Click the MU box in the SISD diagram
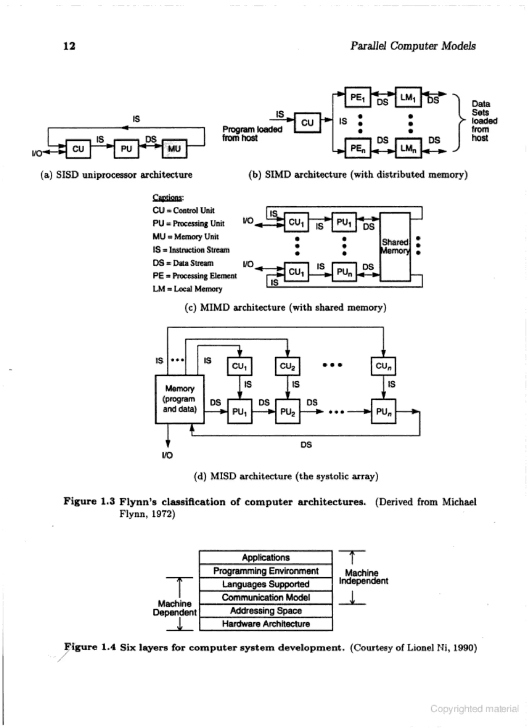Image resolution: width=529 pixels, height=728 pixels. (174, 149)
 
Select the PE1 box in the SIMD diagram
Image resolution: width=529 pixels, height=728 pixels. (357, 97)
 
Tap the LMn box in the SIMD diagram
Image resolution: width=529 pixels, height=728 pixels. (408, 148)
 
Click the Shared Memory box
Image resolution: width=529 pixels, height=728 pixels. (395, 247)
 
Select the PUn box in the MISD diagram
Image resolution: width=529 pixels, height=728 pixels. (383, 412)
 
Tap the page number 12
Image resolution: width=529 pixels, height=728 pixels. (69, 46)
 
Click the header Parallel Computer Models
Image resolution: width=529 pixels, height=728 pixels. (413, 46)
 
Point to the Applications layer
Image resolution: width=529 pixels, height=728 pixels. (266, 557)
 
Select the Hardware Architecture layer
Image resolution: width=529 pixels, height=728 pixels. (266, 624)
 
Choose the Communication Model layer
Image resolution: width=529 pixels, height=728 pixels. (266, 597)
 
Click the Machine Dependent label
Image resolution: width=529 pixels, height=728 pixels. (175, 608)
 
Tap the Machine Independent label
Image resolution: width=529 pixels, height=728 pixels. (363, 577)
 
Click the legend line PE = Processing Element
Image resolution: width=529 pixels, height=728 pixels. (195, 276)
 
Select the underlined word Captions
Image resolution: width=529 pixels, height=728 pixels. (168, 197)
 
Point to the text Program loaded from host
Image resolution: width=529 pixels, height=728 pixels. (252, 134)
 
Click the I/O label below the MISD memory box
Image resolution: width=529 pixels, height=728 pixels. (167, 455)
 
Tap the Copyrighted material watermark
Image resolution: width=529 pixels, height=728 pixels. (474, 708)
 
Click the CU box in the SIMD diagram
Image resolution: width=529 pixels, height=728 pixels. (307, 123)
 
